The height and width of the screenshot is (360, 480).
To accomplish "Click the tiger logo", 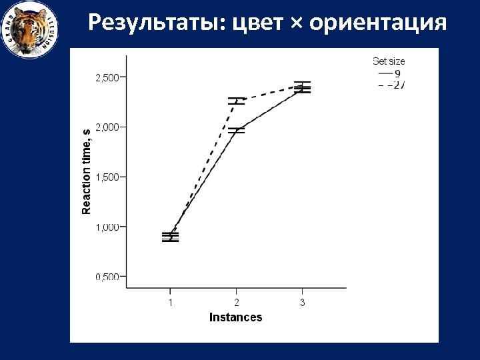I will (x=29, y=29).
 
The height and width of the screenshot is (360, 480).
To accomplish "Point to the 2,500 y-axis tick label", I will (x=107, y=77).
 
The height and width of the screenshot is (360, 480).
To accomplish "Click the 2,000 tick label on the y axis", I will (x=107, y=127).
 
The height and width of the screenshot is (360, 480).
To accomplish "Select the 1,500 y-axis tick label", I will (x=107, y=177).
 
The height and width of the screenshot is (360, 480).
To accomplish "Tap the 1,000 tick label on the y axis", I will (x=107, y=227).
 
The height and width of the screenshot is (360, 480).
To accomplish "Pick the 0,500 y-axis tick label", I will (x=107, y=277).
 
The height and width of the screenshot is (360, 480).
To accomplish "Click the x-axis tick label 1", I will (x=170, y=302).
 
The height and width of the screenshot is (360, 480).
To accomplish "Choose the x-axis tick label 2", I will (x=236, y=302).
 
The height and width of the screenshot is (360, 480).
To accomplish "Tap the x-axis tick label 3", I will (x=302, y=302).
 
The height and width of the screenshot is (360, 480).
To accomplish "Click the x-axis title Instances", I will (x=235, y=317).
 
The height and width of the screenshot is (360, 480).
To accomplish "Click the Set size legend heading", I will (x=389, y=61).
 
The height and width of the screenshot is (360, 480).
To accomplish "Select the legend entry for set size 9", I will (x=389, y=73).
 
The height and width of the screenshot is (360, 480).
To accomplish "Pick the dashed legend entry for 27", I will (x=391, y=85).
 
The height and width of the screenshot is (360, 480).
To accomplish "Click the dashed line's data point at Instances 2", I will (x=236, y=101).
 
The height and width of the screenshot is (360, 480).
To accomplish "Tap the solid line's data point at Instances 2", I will (x=236, y=130).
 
